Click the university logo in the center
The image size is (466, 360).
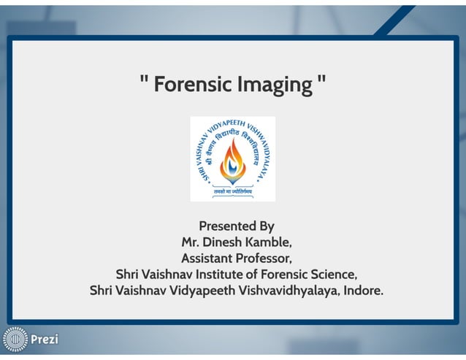232,158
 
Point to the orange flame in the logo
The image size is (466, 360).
232,157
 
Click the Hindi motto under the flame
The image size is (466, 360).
232,191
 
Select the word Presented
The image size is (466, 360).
225,226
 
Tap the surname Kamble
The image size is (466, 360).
275,242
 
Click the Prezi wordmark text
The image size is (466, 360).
44,340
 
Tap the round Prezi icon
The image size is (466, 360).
15,340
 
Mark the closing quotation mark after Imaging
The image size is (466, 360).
321,80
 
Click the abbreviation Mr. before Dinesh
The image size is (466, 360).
191,242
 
